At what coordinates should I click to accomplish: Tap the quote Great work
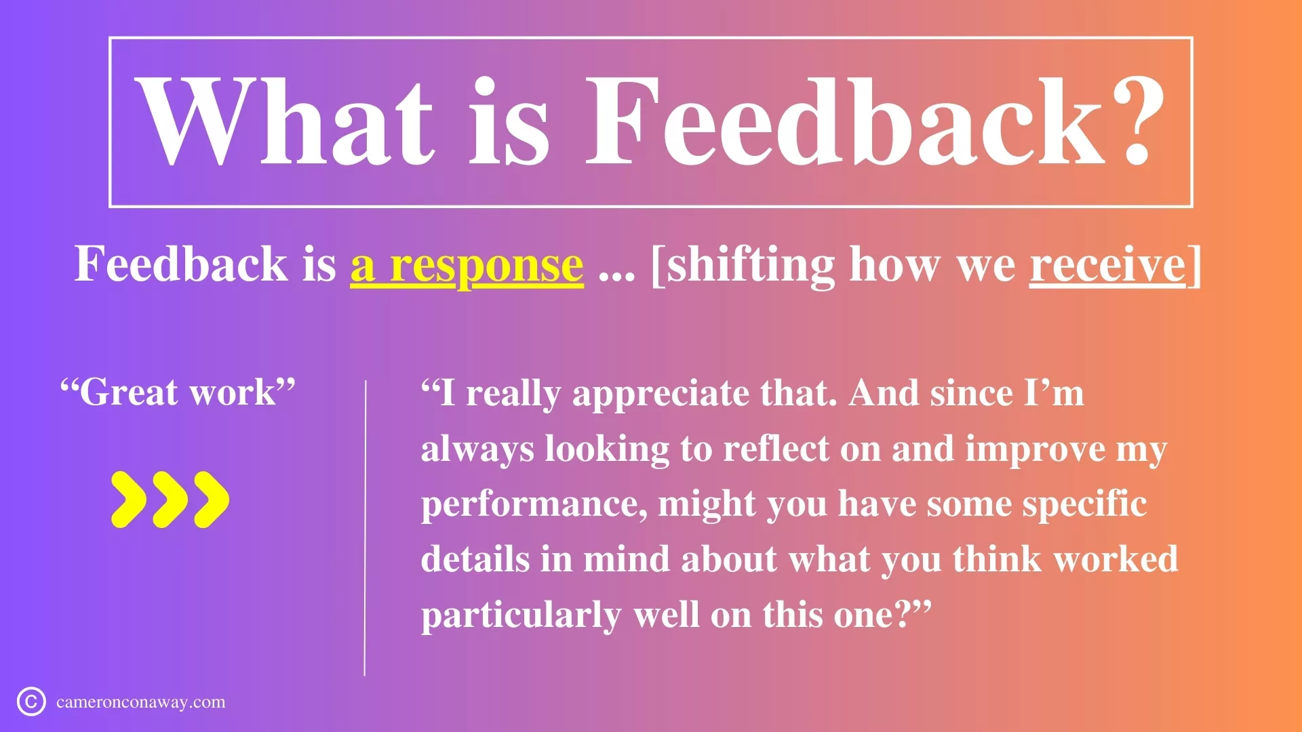click(178, 392)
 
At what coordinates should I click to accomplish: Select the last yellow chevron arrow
click(212, 500)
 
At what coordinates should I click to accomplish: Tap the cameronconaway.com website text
click(141, 702)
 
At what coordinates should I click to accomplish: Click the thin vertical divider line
click(365, 528)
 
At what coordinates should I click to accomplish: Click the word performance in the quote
click(534, 506)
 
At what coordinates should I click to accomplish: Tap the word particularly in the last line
click(521, 616)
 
